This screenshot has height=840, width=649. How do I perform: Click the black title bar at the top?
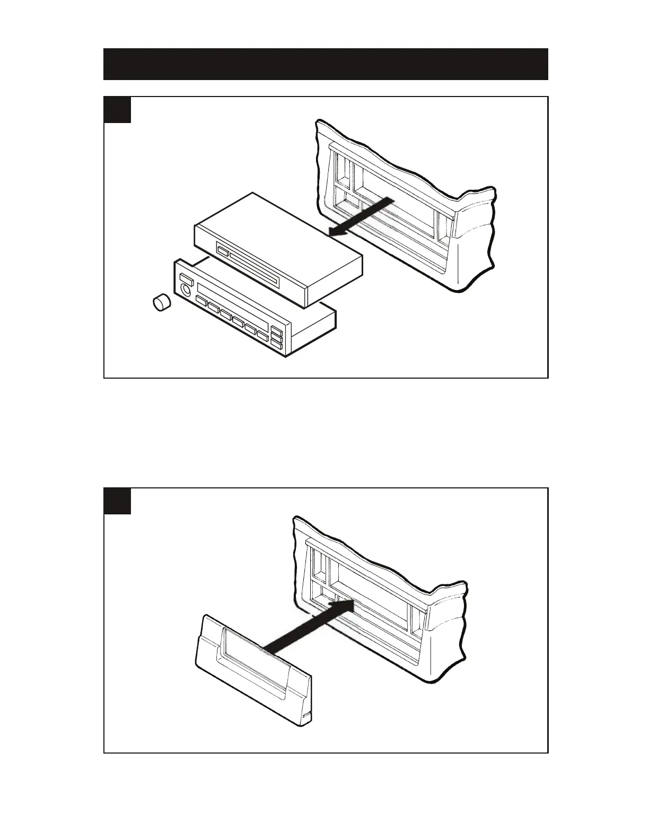tap(325, 64)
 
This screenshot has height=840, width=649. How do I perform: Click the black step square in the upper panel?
tap(117, 110)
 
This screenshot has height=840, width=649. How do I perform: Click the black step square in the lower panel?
tap(117, 501)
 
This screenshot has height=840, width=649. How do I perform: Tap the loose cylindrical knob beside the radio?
tap(160, 303)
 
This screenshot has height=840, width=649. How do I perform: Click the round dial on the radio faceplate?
tap(186, 290)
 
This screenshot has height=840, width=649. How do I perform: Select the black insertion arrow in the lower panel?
tap(308, 626)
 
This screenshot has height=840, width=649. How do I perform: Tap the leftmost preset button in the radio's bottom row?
tap(201, 301)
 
